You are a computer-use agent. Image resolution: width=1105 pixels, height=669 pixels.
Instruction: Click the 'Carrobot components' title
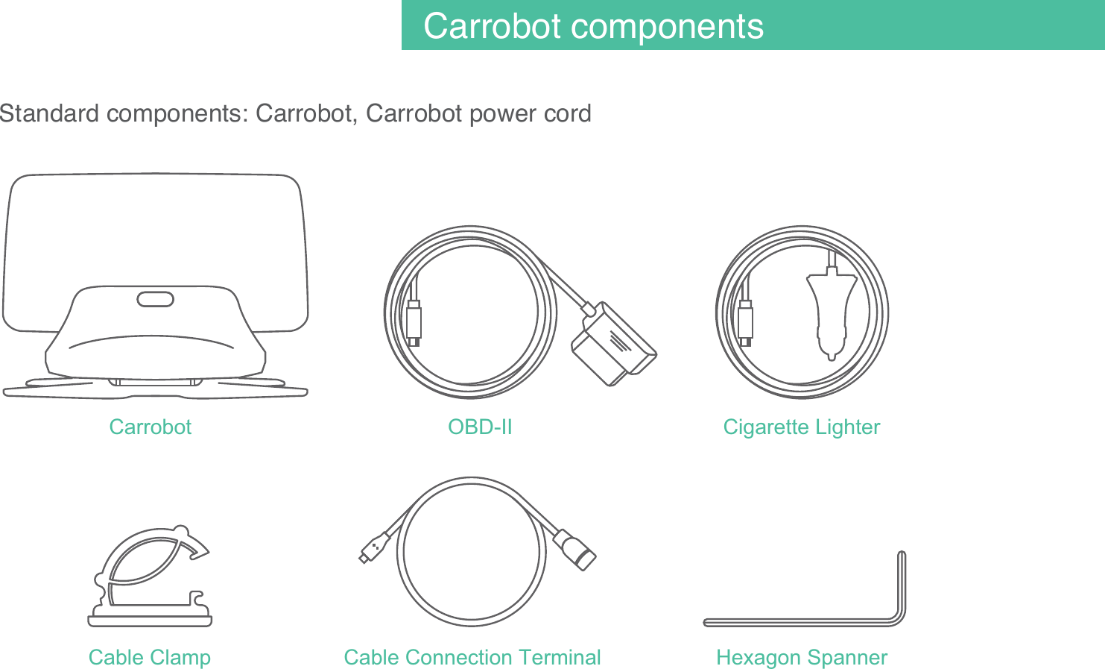(593, 26)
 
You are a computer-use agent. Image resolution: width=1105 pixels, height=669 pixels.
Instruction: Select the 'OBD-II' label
(480, 427)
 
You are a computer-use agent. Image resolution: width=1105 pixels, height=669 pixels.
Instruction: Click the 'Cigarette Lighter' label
(801, 427)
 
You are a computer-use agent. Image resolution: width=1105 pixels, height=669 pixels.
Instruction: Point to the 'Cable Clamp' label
(149, 657)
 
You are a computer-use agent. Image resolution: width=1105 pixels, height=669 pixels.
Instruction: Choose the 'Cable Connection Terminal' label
(472, 657)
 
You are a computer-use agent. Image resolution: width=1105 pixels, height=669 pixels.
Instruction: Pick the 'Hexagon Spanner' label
(801, 657)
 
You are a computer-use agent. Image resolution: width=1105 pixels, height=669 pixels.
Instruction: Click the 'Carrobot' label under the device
(150, 427)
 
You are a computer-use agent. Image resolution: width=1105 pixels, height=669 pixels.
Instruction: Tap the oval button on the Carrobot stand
(155, 299)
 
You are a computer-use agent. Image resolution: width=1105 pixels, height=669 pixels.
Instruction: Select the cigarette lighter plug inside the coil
(831, 313)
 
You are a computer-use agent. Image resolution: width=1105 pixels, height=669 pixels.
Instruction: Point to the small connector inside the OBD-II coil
(414, 323)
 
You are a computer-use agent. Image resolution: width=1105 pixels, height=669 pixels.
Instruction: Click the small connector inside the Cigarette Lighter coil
(745, 323)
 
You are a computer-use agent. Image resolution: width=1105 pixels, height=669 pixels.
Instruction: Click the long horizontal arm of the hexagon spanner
(797, 622)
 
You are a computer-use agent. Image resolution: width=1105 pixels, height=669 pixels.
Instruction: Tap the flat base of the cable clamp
(150, 621)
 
